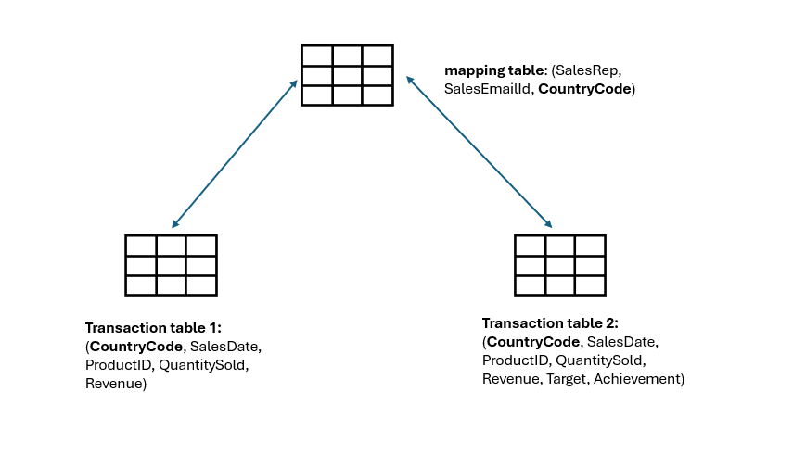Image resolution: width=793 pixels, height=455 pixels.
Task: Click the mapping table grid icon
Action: [x=347, y=75]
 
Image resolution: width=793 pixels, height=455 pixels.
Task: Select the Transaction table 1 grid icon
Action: [x=171, y=265]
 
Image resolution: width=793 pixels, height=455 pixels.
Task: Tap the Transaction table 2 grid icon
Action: [x=560, y=265]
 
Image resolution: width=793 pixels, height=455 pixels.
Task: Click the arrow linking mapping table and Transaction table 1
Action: [x=235, y=154]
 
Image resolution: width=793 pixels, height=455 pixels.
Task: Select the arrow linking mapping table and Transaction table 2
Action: [x=479, y=153]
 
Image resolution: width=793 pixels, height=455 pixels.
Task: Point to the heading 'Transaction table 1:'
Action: [x=153, y=328]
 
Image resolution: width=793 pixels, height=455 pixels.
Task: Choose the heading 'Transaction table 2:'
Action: [x=550, y=323]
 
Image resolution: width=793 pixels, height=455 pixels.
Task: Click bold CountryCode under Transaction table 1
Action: [x=135, y=347]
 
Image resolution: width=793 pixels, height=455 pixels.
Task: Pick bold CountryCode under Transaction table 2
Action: [x=532, y=342]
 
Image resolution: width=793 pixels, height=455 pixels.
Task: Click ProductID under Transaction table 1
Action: [x=118, y=365]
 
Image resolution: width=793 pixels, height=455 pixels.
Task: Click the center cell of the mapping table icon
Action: [x=347, y=75]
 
